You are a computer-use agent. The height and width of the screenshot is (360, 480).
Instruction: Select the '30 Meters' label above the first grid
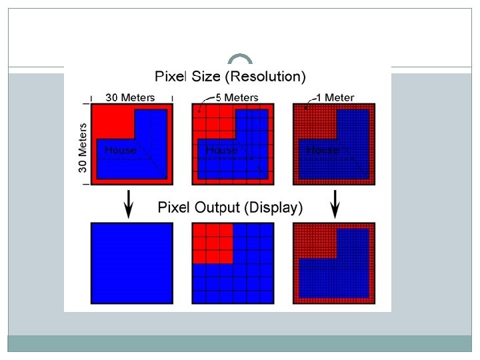click(130, 97)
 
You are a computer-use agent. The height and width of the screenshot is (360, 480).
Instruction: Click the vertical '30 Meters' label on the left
click(83, 147)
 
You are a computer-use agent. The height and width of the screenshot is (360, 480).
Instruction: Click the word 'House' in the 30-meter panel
click(120, 150)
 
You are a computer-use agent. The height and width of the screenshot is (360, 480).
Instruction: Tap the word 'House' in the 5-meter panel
click(221, 150)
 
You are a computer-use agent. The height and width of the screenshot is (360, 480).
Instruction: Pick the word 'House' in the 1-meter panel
click(323, 150)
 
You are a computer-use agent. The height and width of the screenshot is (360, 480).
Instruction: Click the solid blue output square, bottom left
click(131, 263)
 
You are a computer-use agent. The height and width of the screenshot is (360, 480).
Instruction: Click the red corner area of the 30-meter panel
click(113, 120)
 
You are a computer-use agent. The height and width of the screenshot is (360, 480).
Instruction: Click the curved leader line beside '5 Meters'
click(202, 101)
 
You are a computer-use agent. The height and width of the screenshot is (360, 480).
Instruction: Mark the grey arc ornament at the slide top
click(239, 59)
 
